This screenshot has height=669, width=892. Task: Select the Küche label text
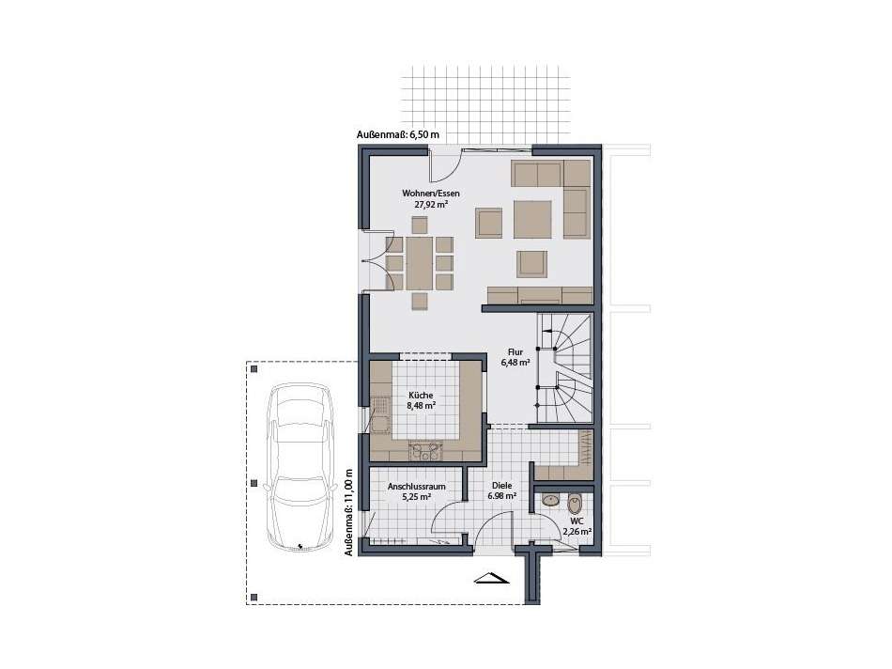pyautogui.click(x=421, y=396)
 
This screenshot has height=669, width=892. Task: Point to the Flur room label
pyautogui.click(x=514, y=351)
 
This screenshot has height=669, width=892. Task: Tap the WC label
pyautogui.click(x=577, y=520)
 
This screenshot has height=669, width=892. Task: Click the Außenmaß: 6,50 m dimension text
pyautogui.click(x=398, y=135)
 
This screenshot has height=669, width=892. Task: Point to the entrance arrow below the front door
pyautogui.click(x=491, y=578)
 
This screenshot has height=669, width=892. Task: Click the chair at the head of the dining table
pyautogui.click(x=419, y=225)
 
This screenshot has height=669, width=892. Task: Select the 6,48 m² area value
pyautogui.click(x=514, y=363)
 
